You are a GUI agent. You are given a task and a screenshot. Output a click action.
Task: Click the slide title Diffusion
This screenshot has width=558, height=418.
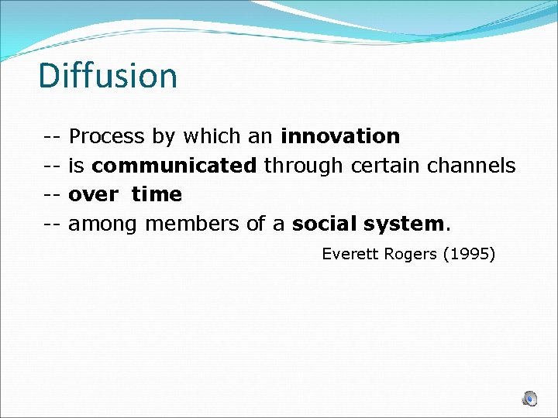(x=108, y=76)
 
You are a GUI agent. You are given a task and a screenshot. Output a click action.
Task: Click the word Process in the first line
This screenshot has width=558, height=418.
(x=107, y=137)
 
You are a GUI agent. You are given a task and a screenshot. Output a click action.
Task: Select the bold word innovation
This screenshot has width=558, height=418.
(x=340, y=136)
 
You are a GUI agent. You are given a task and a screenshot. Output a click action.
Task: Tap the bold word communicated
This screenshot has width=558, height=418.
(x=174, y=166)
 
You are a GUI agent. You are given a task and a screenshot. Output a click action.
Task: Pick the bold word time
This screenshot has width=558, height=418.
(x=157, y=195)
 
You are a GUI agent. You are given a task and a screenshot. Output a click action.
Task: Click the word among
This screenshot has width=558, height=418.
(x=104, y=224)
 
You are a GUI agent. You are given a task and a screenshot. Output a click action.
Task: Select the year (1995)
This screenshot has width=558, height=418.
(x=469, y=254)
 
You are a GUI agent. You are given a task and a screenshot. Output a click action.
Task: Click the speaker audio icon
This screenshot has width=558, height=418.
(x=529, y=399)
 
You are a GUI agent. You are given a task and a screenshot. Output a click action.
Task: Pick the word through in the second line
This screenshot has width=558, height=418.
(x=305, y=166)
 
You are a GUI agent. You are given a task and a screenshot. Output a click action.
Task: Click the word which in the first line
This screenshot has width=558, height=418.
(x=206, y=136)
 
